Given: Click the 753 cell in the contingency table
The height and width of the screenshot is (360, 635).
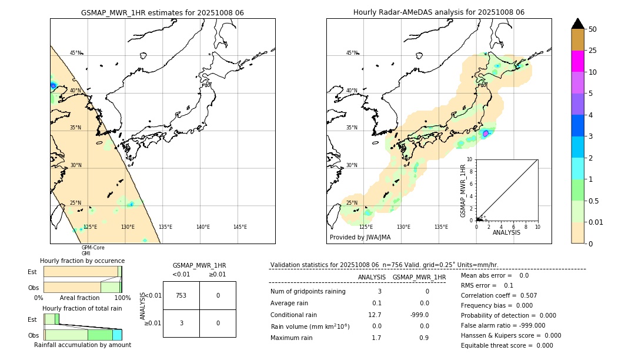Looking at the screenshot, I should pos(181,295).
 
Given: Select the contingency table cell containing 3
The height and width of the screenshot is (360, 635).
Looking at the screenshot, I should pos(181,323).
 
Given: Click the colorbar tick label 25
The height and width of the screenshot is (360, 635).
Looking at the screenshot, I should pos(593,51).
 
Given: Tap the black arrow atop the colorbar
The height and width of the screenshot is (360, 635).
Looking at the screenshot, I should pos(577,24).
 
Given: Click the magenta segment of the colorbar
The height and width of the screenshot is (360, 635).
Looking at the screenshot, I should pos(577,61).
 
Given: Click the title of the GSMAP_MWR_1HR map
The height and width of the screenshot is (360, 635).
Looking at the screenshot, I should pos(162,12).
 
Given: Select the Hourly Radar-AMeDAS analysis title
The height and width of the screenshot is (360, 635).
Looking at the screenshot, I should pos(439,12).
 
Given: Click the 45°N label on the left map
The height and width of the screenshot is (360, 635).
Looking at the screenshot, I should pos(76,53).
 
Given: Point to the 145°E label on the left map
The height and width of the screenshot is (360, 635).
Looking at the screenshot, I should pos(240,227).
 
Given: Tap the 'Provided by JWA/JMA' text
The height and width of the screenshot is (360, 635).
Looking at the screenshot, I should pos(360,237).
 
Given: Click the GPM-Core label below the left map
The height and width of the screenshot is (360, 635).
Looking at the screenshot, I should pos(93,248).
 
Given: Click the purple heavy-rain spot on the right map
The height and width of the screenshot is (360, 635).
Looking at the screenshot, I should pos(485,134).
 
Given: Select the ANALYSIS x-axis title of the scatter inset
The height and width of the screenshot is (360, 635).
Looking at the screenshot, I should pos(506,232).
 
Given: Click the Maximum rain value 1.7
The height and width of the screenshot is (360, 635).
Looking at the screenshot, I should pos(376,338).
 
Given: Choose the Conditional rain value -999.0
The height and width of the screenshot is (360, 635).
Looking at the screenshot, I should pos(419,315).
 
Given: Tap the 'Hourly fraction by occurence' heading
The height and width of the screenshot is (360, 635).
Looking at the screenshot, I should pos(82,261).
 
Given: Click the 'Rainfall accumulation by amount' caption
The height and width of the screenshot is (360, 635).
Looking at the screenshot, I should pos(82,345).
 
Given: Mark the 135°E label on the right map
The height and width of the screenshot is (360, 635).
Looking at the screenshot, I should pos(441,227).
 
